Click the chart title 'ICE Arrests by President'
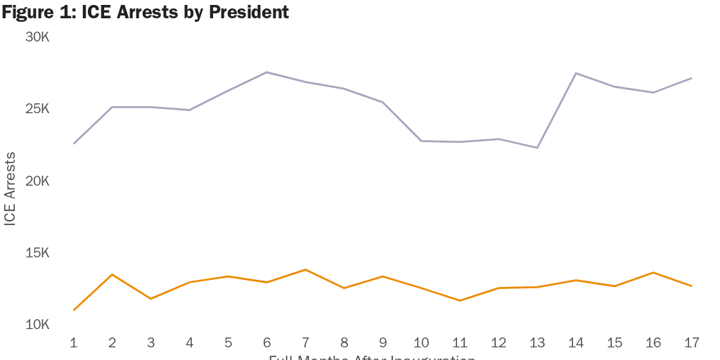[145, 12]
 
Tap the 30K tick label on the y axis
[37, 37]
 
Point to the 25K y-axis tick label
[37, 109]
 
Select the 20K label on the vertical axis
[37, 181]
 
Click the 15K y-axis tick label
[37, 253]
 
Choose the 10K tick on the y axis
[37, 325]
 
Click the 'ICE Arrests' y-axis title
[10, 188]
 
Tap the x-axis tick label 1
[74, 342]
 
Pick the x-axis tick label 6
[266, 342]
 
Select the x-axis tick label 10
[421, 342]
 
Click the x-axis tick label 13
[537, 342]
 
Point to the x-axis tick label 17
[691, 342]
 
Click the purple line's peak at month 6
[266, 72]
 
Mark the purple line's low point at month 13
[537, 148]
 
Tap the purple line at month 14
[576, 73]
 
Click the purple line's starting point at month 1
[74, 143]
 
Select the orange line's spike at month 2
[112, 274]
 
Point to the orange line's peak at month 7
[305, 269]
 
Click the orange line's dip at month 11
[460, 300]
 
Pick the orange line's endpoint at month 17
[691, 286]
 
